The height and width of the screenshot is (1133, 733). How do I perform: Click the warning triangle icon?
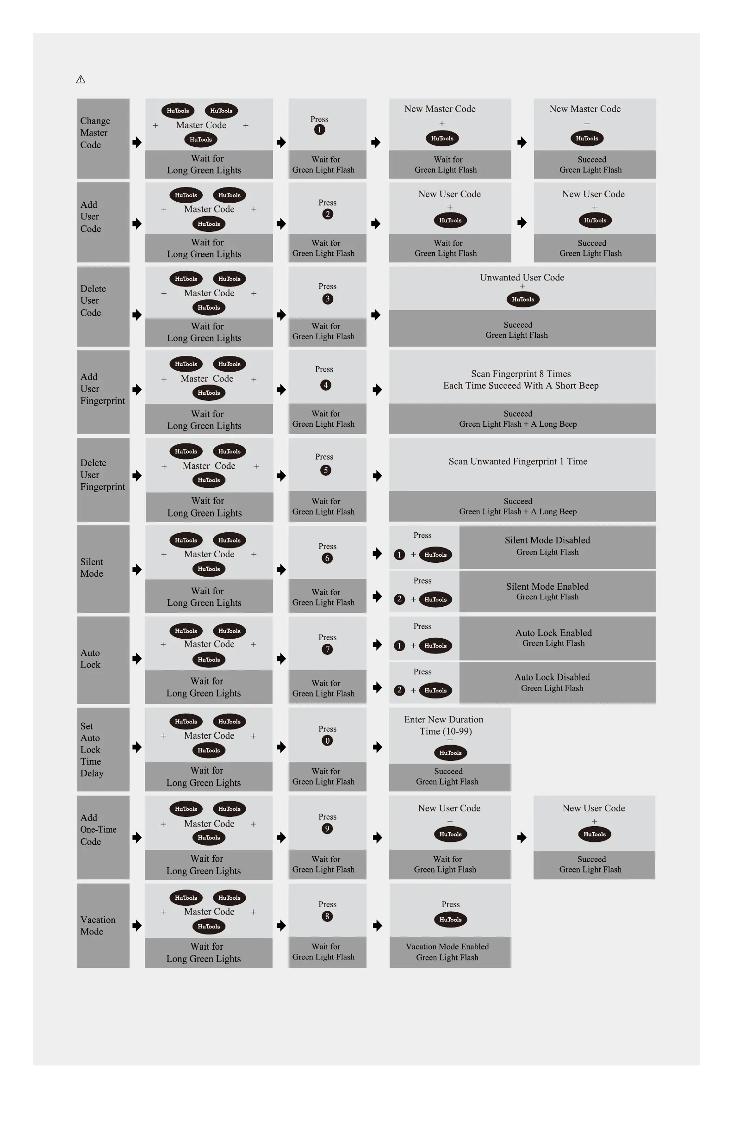coord(81,80)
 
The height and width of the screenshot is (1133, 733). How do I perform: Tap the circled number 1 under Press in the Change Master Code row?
coord(319,130)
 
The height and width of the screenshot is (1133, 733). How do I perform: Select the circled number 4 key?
coord(326,385)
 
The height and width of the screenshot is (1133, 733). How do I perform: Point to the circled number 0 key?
coord(327,741)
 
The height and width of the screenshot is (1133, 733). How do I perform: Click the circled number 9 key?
coord(327,829)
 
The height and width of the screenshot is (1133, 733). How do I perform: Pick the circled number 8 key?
coord(327,916)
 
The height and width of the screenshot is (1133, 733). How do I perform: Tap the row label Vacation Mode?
coord(98,926)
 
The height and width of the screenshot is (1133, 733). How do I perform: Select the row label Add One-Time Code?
coord(98,829)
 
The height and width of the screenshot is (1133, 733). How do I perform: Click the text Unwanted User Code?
coord(522,278)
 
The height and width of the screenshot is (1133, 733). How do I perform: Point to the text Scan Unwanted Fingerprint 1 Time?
coord(518,461)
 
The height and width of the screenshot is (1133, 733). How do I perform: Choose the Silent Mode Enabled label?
coord(547,586)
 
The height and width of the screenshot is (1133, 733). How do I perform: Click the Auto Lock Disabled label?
coord(552,677)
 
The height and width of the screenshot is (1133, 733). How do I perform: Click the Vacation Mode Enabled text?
coord(447,946)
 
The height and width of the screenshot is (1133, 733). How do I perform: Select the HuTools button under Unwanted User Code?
coord(522,299)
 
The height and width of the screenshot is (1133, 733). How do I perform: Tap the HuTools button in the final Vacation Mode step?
coord(450,920)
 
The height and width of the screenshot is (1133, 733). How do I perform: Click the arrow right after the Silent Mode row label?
coord(137,569)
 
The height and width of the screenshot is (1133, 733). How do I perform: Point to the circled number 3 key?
coord(327,299)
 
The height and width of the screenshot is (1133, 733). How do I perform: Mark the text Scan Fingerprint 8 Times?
coord(521,374)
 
